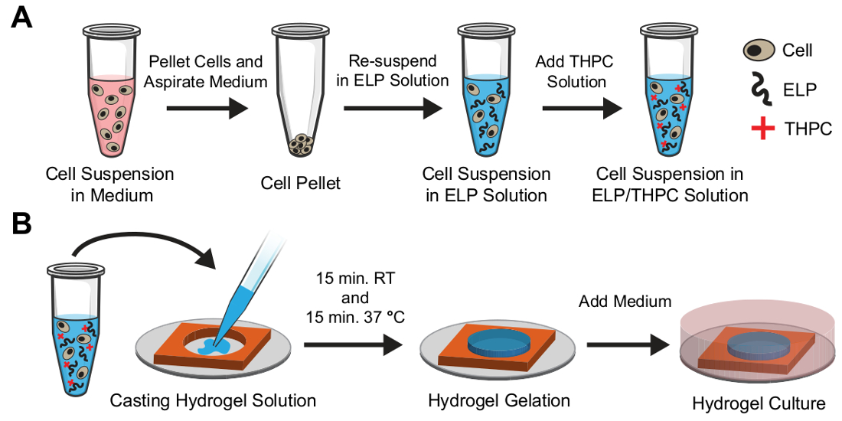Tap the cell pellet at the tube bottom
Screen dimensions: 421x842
(x=296, y=144)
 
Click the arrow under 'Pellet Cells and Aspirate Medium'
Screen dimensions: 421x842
(x=207, y=108)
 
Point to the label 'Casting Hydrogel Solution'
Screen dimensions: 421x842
(x=213, y=400)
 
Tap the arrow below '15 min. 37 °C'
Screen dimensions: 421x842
(x=353, y=345)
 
